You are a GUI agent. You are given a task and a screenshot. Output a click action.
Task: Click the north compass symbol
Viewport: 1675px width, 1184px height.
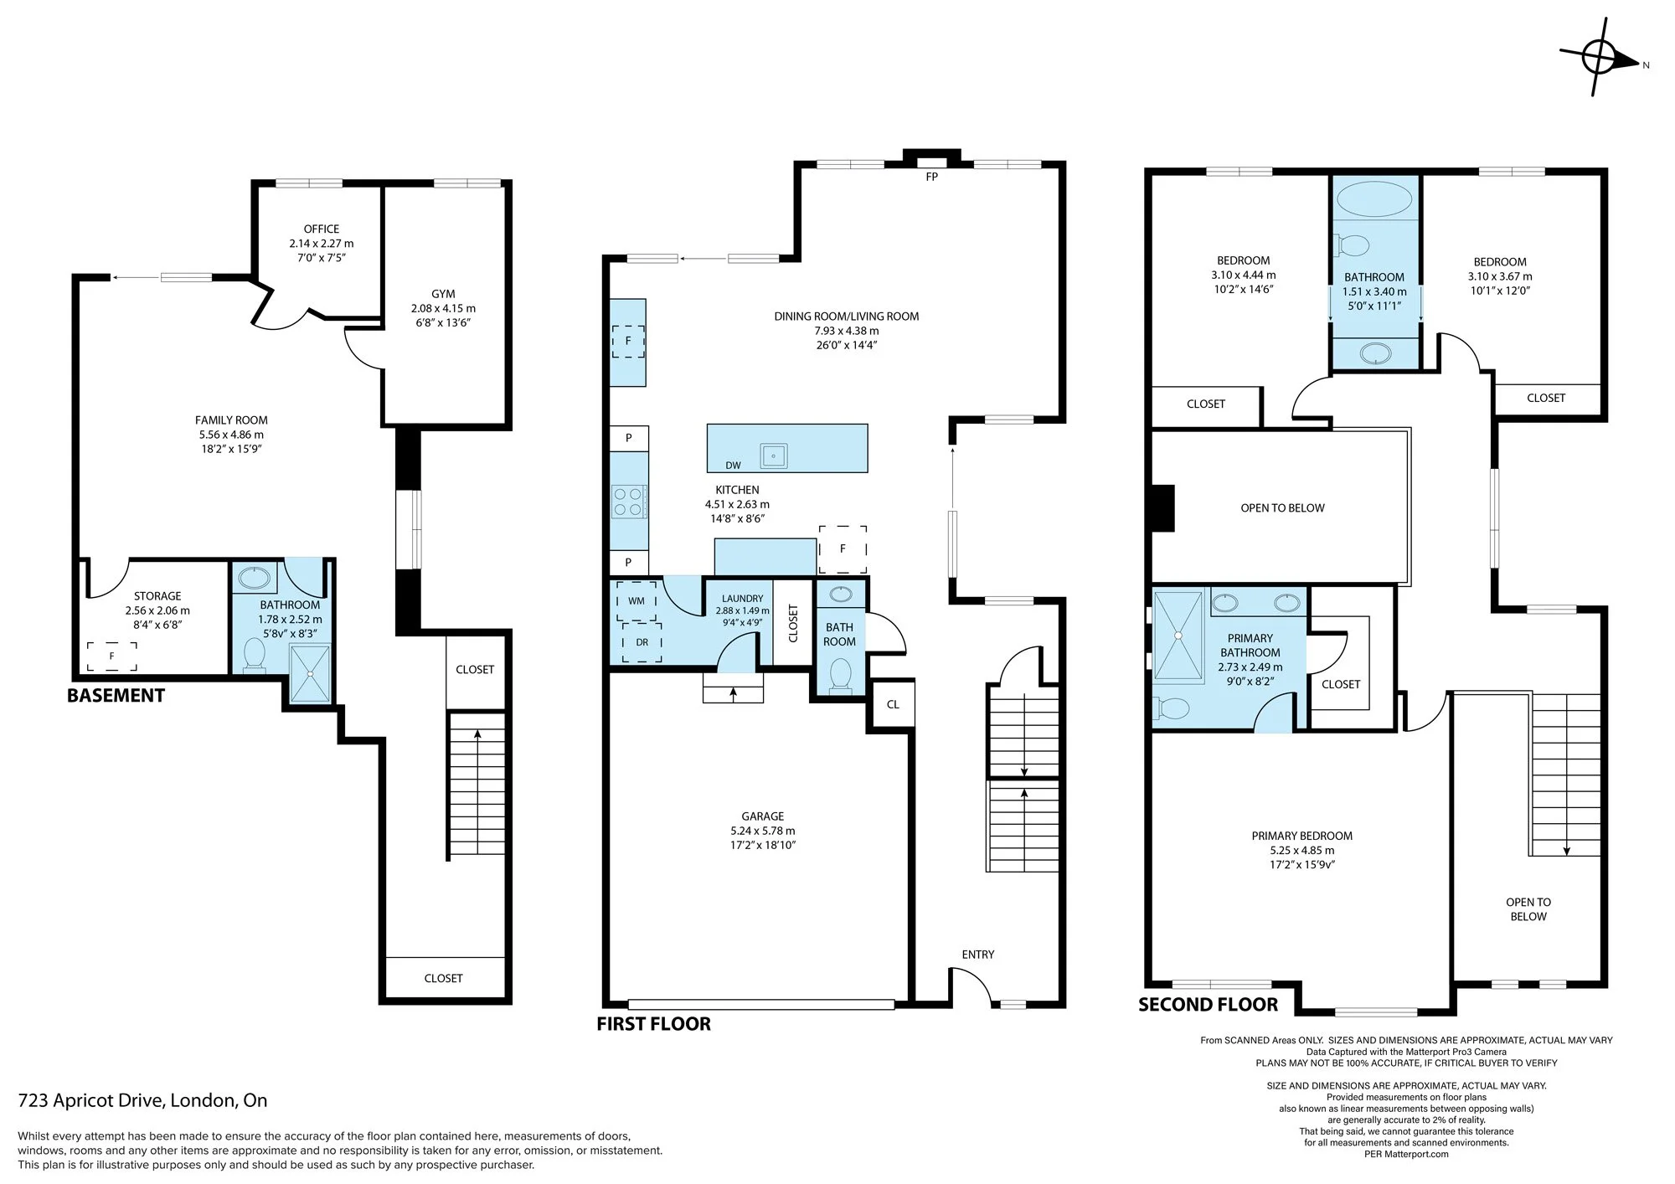pos(1599,58)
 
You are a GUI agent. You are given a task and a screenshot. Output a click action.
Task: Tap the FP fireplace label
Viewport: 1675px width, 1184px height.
pos(931,178)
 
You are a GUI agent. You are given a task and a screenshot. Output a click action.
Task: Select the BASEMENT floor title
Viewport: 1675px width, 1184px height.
pos(116,695)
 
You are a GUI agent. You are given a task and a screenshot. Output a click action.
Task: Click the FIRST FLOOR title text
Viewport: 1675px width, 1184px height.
pos(653,1023)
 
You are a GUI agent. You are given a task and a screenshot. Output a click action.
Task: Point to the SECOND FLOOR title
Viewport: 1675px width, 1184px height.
pos(1208,1004)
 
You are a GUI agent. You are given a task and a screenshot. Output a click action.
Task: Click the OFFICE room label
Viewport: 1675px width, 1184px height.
pos(322,229)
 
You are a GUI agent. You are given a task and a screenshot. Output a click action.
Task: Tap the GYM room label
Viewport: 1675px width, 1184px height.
pos(443,294)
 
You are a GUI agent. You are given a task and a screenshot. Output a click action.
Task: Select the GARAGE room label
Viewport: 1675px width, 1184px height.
pos(762,816)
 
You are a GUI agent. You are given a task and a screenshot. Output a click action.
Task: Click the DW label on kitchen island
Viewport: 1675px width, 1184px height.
pos(733,466)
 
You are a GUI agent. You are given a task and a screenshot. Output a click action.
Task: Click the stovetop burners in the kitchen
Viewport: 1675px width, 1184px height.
pos(628,502)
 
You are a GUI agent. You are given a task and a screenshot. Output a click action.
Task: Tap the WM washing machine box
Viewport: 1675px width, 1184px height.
pos(636,601)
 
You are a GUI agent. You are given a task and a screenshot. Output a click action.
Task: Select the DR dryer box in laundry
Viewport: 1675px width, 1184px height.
pos(642,642)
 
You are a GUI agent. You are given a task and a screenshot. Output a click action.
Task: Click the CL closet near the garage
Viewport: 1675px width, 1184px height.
pos(893,704)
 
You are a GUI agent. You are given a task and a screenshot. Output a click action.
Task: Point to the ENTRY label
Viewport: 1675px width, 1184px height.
pos(978,955)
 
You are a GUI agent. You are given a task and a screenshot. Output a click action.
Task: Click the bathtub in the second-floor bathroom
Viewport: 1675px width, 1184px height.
pos(1374,200)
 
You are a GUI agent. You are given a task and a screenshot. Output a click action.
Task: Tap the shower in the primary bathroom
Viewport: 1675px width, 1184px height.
pos(1178,636)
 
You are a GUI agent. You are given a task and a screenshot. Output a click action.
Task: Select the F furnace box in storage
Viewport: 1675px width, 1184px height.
pos(112,656)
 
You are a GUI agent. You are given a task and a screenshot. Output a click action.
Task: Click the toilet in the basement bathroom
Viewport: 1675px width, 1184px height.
pos(254,655)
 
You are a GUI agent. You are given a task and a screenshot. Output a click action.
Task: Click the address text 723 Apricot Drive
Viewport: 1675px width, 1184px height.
pos(142,1100)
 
